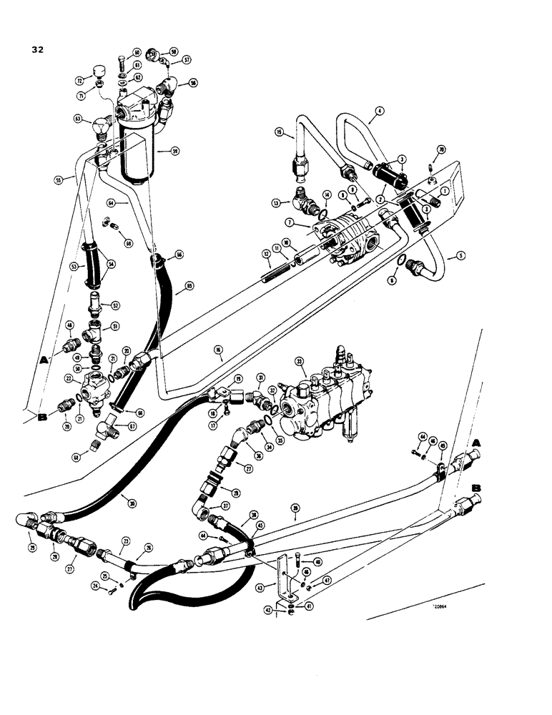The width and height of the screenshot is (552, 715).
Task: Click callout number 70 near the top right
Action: tap(441, 148)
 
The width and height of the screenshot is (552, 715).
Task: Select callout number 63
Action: tap(77, 119)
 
